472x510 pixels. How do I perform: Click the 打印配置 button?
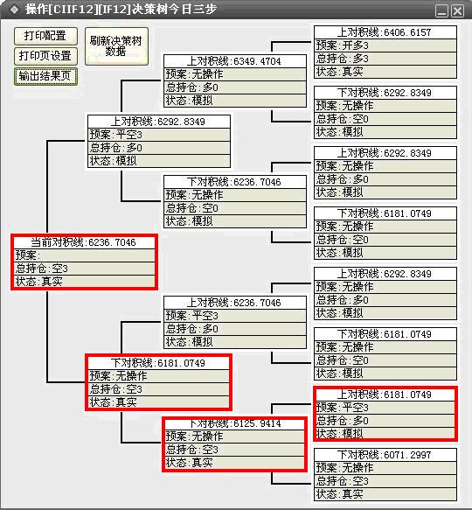pos(45,36)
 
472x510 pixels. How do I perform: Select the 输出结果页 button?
pos(45,76)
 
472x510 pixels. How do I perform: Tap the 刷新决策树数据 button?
pos(116,46)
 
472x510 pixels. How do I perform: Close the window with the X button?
pos(458,11)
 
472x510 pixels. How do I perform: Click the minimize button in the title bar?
pos(441,11)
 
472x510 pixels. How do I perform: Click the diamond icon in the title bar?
pos(14,10)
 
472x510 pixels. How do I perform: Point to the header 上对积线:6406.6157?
pos(385,32)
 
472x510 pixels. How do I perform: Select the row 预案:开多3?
pos(385,45)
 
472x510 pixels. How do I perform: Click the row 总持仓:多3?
pos(385,59)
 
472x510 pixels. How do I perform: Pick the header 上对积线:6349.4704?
pos(235,61)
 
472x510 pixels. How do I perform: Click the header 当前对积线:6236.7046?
pos(84,242)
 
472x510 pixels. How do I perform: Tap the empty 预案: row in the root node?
pos(84,255)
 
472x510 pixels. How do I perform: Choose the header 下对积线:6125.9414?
pos(235,423)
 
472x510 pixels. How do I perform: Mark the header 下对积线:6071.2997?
pos(385,455)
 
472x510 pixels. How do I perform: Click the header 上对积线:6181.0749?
pos(385,395)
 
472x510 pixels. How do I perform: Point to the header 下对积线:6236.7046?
pos(235,182)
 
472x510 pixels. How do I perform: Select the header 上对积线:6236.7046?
pos(235,303)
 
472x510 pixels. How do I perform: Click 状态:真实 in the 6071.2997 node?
pos(385,494)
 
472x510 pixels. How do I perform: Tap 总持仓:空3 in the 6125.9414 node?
pos(235,450)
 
